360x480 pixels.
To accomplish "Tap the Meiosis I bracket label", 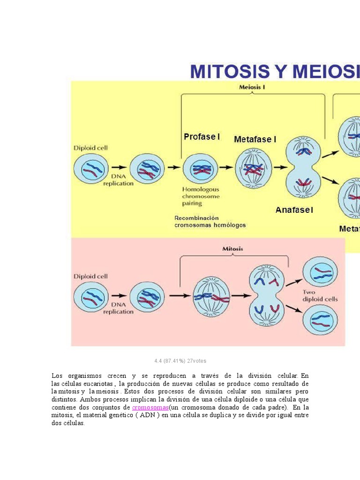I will pyautogui.click(x=252, y=87).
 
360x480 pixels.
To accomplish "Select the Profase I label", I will pyautogui.click(x=202, y=137).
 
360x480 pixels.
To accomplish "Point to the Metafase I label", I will pyautogui.click(x=255, y=140).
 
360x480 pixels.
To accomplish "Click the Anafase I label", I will pyautogui.click(x=294, y=210).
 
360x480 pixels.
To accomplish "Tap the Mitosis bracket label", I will pyautogui.click(x=232, y=249).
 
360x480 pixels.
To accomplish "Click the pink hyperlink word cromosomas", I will pyautogui.click(x=150, y=408).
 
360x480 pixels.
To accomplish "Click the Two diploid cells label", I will pyautogui.click(x=320, y=296).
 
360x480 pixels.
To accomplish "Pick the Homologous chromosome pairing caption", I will pyautogui.click(x=201, y=196).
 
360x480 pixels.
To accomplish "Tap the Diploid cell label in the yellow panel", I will pyautogui.click(x=90, y=148).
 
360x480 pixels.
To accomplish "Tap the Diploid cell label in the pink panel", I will pyautogui.click(x=90, y=277).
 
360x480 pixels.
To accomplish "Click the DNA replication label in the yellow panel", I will pyautogui.click(x=118, y=180).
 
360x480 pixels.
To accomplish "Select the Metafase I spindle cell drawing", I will pyautogui.click(x=253, y=168).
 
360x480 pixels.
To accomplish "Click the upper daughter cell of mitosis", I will pyautogui.click(x=320, y=272).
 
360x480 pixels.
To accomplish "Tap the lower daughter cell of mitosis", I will pyautogui.click(x=320, y=320).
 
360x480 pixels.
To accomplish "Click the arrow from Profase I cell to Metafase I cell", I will pyautogui.click(x=226, y=167).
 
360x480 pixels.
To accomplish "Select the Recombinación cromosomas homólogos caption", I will pyautogui.click(x=210, y=222).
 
